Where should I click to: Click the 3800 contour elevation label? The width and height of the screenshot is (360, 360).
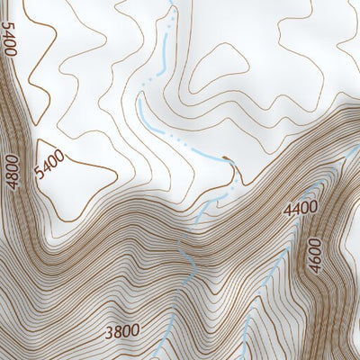121,330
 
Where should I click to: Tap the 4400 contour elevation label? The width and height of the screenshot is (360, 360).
301,209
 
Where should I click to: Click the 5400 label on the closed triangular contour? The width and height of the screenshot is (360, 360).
49,165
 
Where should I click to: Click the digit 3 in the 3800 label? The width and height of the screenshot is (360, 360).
108,330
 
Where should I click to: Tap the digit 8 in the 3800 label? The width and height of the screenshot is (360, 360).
117,330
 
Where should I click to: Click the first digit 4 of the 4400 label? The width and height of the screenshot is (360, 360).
287,209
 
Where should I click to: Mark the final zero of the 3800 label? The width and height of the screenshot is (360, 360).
135,330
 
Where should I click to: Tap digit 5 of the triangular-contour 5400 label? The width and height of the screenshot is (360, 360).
41,174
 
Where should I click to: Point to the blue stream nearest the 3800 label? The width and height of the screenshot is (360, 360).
166,337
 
